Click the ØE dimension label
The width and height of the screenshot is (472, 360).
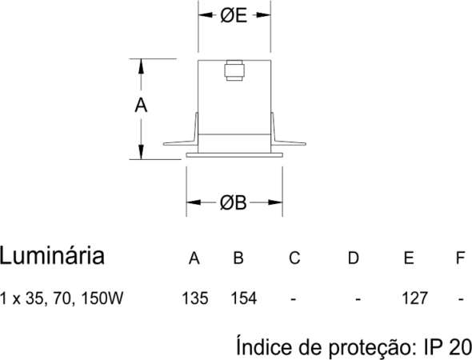pos(234,15)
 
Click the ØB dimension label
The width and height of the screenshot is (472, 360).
pos(234,202)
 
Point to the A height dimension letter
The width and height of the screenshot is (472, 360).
pos(141,106)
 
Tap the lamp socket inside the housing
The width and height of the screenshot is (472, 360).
pos(234,70)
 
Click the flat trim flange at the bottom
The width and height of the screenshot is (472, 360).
pos(234,155)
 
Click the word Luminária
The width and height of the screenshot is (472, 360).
pos(52,255)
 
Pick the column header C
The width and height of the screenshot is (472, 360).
pos(294,258)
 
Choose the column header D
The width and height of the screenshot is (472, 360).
pos(353,258)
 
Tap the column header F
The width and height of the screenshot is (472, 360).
pos(460,258)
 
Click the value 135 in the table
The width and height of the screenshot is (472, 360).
pos(194,298)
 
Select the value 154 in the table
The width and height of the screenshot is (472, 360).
pos(244,298)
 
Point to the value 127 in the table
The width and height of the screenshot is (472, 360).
pos(415,298)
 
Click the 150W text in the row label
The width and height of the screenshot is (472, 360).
pos(102,298)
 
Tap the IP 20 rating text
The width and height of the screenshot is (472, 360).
pos(447,346)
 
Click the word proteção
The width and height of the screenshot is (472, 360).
pos(370,348)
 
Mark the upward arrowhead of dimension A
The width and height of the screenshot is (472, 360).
pos(141,66)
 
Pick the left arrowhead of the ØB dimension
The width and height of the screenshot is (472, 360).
pos(194,202)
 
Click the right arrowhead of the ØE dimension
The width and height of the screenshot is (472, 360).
pos(263,15)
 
